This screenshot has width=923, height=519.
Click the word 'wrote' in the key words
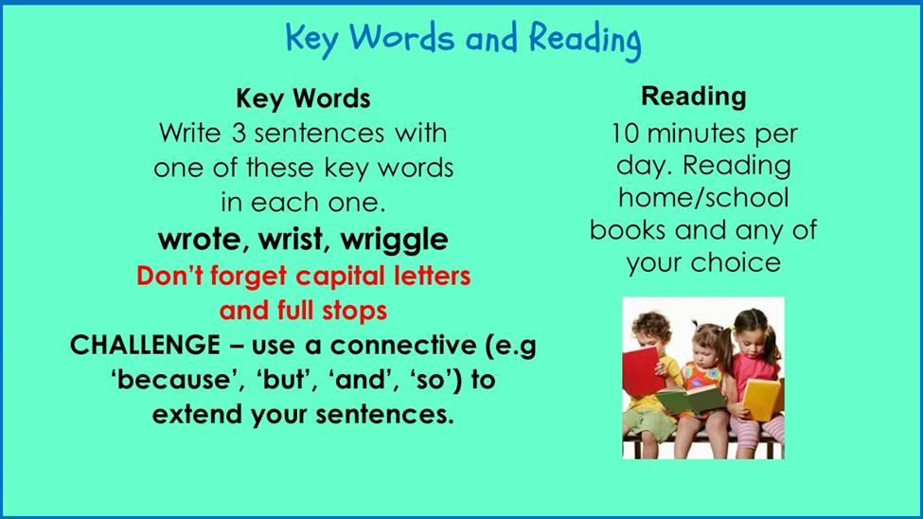coord(200,240)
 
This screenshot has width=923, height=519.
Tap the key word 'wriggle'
coord(395,241)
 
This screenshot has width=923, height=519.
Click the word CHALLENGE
coord(145,345)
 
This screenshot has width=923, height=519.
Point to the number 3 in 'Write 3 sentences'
coord(239,134)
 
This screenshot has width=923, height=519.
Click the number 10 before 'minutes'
coord(625,134)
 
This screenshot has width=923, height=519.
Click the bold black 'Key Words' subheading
coord(303,98)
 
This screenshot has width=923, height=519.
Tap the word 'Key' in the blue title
coord(312,39)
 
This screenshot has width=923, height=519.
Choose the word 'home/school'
coord(703,197)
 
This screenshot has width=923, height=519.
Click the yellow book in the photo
coord(762,400)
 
